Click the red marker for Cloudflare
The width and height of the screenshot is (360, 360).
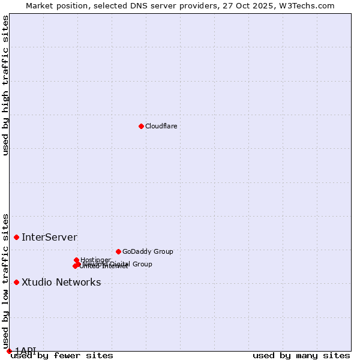click(x=141, y=126)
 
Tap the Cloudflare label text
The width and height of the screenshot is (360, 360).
click(x=161, y=126)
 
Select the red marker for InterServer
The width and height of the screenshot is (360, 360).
click(x=16, y=237)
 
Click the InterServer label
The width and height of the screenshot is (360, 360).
click(x=49, y=238)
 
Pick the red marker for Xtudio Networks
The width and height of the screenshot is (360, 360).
click(x=16, y=282)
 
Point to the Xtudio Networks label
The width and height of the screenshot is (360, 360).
click(x=61, y=283)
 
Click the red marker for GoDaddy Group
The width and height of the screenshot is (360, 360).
click(x=118, y=251)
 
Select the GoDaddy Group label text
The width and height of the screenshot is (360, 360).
click(x=147, y=252)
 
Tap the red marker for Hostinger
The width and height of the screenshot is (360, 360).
click(x=77, y=260)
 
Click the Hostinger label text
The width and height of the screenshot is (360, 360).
click(x=95, y=260)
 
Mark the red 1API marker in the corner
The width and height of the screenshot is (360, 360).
click(x=9, y=351)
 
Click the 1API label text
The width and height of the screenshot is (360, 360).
click(x=26, y=350)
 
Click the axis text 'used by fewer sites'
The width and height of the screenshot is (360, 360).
click(x=62, y=356)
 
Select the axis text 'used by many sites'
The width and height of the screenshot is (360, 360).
click(x=301, y=356)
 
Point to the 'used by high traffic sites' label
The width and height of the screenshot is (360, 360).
click(x=6, y=85)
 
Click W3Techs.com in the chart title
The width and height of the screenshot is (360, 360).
click(x=309, y=5)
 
